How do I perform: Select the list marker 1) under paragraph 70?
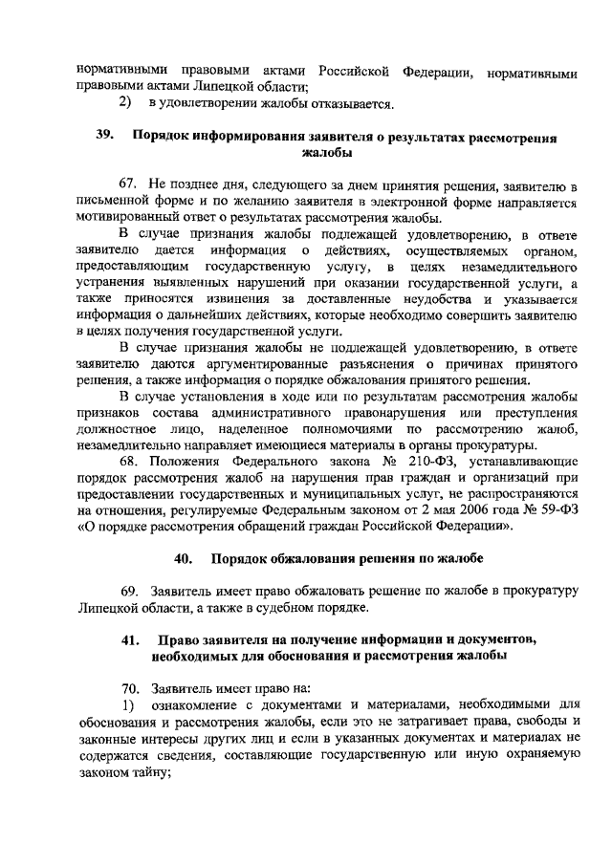(127, 705)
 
